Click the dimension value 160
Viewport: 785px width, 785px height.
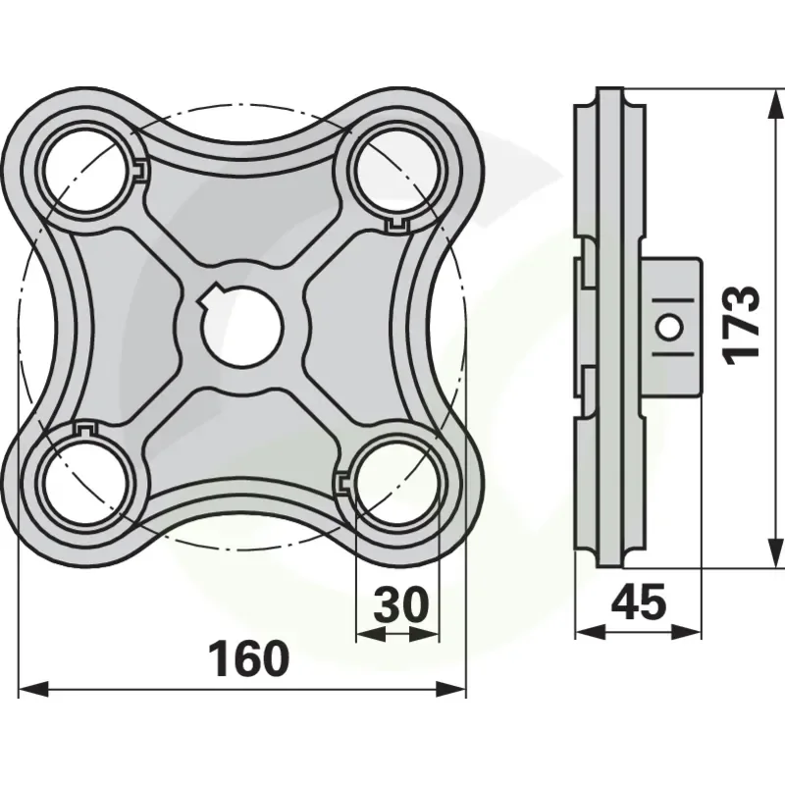tap(249, 658)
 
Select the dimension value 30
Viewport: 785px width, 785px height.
tap(401, 603)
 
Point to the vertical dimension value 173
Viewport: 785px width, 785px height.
tap(742, 323)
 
